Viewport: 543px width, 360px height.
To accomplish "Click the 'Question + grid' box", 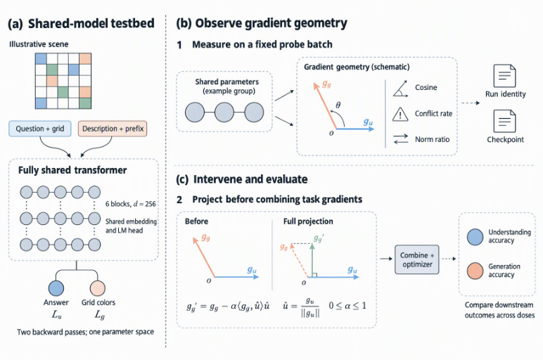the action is click(40, 129).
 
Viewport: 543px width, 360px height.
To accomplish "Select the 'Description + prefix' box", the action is click(113, 129).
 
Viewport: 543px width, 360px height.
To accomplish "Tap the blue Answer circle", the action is click(56, 288).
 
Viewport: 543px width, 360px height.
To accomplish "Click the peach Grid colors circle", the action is click(98, 288).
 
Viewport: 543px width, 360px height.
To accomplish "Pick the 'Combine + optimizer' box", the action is click(417, 259).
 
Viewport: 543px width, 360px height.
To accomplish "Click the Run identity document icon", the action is click(504, 76).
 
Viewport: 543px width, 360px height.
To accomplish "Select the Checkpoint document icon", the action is click(504, 121).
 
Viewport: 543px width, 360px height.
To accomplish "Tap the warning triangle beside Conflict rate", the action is click(400, 114).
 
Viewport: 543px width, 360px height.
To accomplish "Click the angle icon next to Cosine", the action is click(400, 89).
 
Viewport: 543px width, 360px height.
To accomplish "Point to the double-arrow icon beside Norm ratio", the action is click(401, 139).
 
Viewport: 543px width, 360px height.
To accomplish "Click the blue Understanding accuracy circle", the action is click(475, 237).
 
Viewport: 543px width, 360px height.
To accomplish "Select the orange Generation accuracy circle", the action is click(475, 271).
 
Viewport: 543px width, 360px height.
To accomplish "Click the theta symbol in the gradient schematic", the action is click(338, 105).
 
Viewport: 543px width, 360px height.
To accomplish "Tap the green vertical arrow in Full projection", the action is click(312, 260).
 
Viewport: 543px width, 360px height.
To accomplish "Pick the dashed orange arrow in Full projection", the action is click(300, 260).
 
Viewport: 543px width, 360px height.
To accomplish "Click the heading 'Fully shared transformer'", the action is click(72, 170).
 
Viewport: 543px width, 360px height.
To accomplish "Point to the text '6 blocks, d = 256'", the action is click(131, 204).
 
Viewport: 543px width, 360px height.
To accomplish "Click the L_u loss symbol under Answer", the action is click(56, 314).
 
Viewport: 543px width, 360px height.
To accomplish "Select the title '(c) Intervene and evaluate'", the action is click(242, 179).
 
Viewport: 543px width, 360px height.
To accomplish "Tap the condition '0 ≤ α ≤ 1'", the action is click(347, 306).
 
